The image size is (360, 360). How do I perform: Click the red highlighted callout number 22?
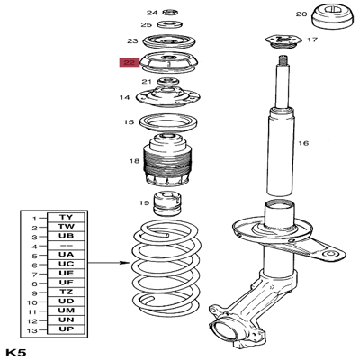click(130, 64)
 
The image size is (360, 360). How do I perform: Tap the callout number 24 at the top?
click(151, 12)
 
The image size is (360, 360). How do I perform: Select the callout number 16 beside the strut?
click(303, 143)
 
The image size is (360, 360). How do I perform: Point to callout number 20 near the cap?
click(302, 14)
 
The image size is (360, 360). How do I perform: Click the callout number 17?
click(311, 40)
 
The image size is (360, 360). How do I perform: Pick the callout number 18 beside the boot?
click(134, 161)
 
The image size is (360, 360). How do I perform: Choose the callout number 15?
click(130, 121)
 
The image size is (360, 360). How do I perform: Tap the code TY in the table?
click(66, 218)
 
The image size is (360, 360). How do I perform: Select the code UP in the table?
click(66, 331)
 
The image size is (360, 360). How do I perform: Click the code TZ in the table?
click(66, 293)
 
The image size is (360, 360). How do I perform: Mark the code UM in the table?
click(66, 312)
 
